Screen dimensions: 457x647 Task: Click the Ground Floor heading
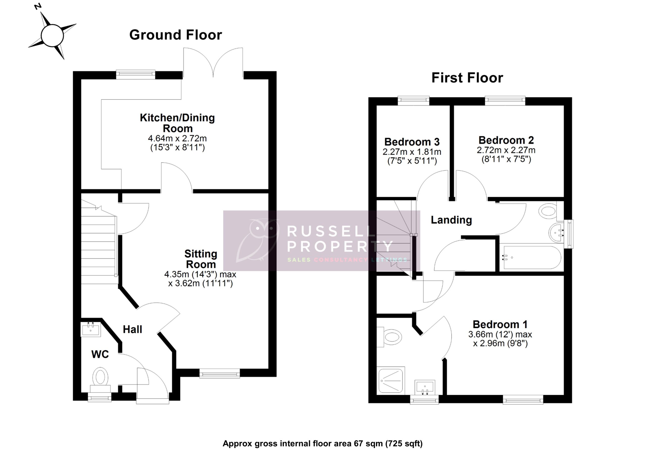click(x=176, y=35)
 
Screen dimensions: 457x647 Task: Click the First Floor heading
click(x=467, y=78)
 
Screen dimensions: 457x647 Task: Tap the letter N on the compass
click(x=38, y=6)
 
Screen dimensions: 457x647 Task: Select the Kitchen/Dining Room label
click(x=177, y=123)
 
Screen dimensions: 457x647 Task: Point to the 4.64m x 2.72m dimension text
click(x=177, y=139)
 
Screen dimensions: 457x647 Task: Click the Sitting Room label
click(x=201, y=259)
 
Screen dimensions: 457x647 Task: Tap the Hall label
click(x=132, y=329)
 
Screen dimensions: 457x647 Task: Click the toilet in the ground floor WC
click(x=100, y=377)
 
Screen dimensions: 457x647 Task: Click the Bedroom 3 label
click(x=412, y=142)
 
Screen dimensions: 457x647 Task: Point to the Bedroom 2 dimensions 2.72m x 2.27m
click(x=506, y=150)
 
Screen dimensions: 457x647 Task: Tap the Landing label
click(x=451, y=220)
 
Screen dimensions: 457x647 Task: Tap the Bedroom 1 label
click(x=500, y=324)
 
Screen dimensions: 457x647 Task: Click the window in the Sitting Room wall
click(x=220, y=374)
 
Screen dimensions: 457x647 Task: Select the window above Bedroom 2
click(x=505, y=100)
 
